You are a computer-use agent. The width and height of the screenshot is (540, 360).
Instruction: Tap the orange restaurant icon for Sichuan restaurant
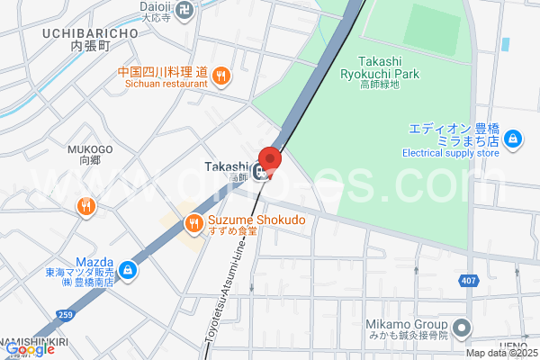click(x=220, y=76)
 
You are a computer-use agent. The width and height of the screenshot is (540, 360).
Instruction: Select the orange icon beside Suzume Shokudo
click(x=193, y=222)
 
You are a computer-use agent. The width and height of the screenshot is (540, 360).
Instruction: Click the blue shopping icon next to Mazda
click(x=129, y=268)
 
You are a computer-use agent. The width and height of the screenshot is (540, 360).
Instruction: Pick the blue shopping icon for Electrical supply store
click(x=512, y=139)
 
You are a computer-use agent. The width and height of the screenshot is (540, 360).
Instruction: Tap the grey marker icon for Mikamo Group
click(x=462, y=327)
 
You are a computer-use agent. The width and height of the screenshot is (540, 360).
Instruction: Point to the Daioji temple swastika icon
click(x=185, y=10)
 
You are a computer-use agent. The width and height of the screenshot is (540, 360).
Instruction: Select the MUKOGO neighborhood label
click(x=89, y=149)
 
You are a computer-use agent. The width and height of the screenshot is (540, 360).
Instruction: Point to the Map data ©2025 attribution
click(x=502, y=354)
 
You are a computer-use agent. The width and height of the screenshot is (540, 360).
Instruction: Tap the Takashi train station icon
click(x=261, y=172)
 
